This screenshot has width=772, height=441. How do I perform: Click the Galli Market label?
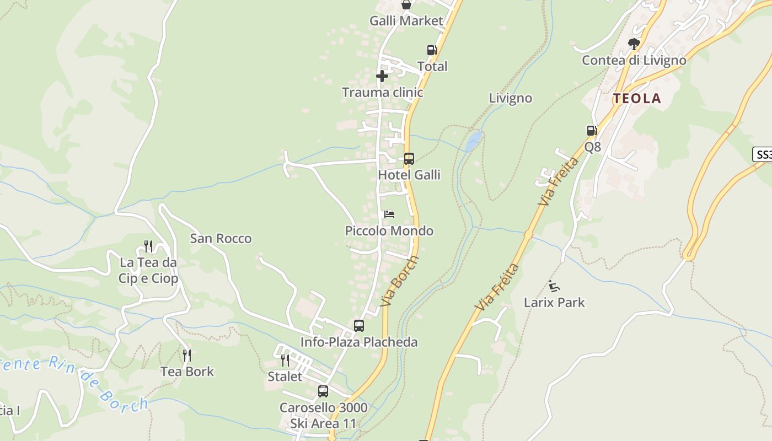406,21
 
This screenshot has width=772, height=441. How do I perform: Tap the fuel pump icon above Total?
432,51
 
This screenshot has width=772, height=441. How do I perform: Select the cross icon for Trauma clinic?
382,76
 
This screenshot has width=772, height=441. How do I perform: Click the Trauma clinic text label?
382,92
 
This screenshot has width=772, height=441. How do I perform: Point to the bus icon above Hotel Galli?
409,159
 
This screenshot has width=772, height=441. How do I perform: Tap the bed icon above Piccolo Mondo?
389,214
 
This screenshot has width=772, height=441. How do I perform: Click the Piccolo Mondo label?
389,230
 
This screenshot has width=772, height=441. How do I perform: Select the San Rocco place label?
221,239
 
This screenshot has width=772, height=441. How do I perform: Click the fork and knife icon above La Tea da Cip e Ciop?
148,246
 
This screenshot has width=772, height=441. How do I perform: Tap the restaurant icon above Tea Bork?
187,355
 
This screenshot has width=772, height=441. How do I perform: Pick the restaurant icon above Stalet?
285,361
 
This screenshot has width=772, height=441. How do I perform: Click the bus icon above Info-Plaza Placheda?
359,326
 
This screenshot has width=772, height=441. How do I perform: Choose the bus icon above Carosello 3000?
323,391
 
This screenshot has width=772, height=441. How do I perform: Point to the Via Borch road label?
400,281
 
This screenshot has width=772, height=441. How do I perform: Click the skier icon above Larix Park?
554,286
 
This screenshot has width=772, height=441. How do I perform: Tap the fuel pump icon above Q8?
592,131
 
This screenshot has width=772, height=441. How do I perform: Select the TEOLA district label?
637,99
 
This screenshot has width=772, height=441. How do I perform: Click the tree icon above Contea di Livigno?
634,44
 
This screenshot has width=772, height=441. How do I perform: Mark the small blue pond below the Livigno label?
473,141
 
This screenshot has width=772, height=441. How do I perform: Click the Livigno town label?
511,98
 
